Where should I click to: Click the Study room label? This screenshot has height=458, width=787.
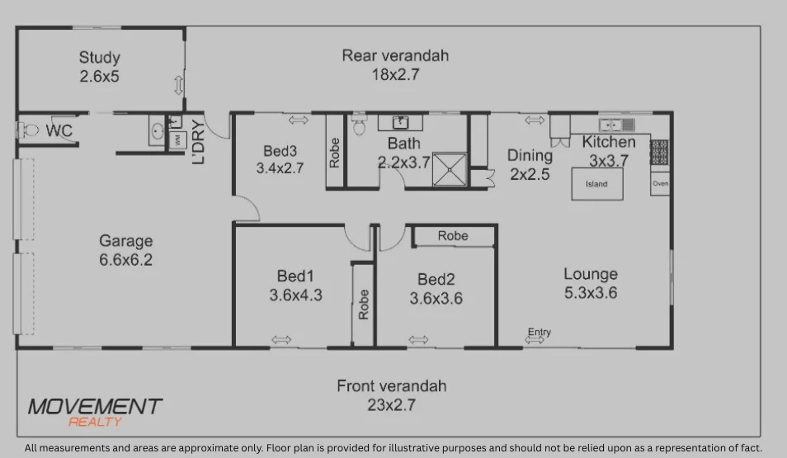pyautogui.click(x=100, y=67)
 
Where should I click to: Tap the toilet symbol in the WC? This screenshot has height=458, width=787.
pyautogui.click(x=30, y=130)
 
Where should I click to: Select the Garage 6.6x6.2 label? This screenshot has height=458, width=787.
pyautogui.click(x=125, y=250)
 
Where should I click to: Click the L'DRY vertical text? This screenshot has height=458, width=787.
pyautogui.click(x=198, y=142)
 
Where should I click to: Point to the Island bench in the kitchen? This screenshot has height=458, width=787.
pyautogui.click(x=596, y=184)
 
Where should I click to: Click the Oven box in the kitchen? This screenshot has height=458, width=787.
pyautogui.click(x=660, y=184)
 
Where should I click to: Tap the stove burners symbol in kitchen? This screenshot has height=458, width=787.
pyautogui.click(x=659, y=151)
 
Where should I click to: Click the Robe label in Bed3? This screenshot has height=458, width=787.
pyautogui.click(x=334, y=153)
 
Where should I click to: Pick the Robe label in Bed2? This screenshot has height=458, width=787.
pyautogui.click(x=453, y=236)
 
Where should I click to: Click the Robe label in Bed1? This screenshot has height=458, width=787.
pyautogui.click(x=364, y=305)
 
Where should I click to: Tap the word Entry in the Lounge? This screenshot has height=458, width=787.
pyautogui.click(x=540, y=333)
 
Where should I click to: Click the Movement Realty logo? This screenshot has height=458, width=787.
pyautogui.click(x=95, y=411)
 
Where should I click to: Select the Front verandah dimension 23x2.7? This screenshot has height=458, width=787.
pyautogui.click(x=391, y=405)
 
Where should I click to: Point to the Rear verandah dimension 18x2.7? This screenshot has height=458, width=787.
pyautogui.click(x=395, y=75)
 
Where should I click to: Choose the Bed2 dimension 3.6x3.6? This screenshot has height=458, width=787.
pyautogui.click(x=436, y=299)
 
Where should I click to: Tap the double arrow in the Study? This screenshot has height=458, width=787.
pyautogui.click(x=178, y=85)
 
